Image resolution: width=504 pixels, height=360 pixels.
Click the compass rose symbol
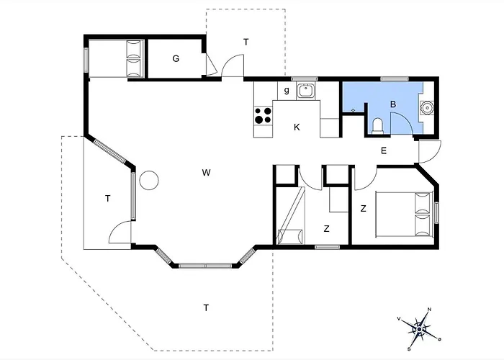pos(420,330)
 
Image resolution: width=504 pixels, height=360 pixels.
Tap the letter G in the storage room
pos(176,58)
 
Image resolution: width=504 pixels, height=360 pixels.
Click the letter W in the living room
pos(206,173)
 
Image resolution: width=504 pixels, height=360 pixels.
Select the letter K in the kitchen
pos(297,127)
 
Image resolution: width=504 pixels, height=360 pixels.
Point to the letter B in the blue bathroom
pos(393,104)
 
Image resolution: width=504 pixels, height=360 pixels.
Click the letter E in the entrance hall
pos(384,150)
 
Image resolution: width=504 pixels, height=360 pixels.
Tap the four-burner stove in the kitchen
pos(263,116)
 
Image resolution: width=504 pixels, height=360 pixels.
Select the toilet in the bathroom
pos(377,126)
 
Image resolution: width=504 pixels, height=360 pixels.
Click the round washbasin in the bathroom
pos(427,108)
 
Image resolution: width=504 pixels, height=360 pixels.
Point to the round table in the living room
pos(149,180)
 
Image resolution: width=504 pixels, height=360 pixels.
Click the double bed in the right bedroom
pos(405,215)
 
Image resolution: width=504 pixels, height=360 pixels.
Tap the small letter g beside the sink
pos(287,90)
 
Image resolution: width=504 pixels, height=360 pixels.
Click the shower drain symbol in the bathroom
pos(353,110)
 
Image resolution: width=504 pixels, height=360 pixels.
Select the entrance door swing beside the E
pos(430,152)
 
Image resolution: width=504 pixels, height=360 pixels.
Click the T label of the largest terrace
pos(206,307)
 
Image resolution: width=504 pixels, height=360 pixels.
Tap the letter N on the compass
pos(429,310)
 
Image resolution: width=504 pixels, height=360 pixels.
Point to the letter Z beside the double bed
pos(363,209)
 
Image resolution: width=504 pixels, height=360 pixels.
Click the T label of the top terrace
pos(246,42)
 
